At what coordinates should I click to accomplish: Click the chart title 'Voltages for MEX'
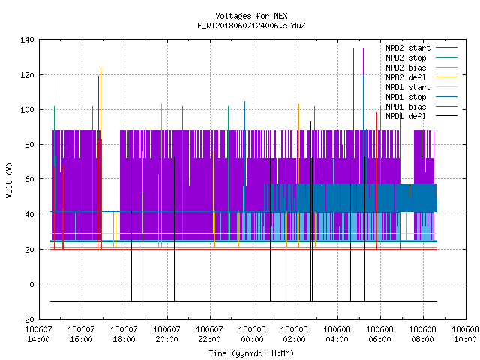(251, 16)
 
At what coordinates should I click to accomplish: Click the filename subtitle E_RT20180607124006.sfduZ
(251, 25)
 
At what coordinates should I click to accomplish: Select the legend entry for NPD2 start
(408, 48)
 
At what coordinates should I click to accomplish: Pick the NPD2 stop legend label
(406, 58)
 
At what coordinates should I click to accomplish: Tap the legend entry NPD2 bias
(406, 67)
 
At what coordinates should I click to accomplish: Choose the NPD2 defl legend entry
(406, 77)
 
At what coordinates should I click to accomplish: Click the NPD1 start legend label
(408, 87)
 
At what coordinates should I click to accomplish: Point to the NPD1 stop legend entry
(406, 97)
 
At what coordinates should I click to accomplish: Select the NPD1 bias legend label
(406, 106)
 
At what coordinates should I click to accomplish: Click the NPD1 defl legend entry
(406, 117)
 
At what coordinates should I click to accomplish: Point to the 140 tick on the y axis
(27, 40)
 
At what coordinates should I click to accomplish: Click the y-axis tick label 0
(31, 284)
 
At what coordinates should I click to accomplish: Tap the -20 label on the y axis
(27, 319)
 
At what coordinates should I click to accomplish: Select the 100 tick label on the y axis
(27, 109)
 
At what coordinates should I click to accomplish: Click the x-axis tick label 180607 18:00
(124, 334)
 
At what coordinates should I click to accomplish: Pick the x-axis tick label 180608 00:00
(252, 334)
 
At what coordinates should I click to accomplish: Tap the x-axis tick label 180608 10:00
(465, 334)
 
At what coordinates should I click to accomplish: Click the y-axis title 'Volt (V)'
(9, 180)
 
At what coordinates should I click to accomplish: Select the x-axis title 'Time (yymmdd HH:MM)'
(251, 353)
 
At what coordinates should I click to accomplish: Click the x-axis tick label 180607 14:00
(38, 334)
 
